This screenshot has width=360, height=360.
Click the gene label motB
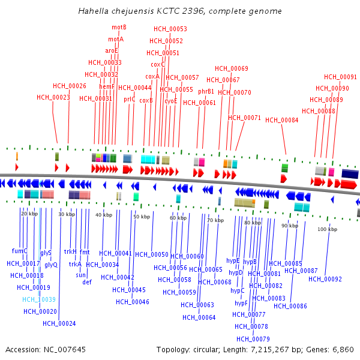click(119, 28)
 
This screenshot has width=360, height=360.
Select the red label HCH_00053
click(170, 29)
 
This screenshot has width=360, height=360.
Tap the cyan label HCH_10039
click(39, 299)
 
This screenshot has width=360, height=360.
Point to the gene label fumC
click(20, 251)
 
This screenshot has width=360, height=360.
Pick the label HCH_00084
click(281, 120)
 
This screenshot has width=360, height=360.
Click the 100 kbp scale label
click(327, 229)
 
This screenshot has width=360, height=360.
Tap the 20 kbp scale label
click(29, 214)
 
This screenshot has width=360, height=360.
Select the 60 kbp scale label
click(178, 218)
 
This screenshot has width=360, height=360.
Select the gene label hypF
click(241, 303)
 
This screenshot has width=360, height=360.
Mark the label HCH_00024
click(59, 323)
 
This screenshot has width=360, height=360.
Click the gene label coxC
click(158, 64)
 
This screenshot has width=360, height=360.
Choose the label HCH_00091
click(340, 77)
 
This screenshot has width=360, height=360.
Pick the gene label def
click(87, 282)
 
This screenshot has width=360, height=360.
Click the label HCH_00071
click(244, 118)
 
